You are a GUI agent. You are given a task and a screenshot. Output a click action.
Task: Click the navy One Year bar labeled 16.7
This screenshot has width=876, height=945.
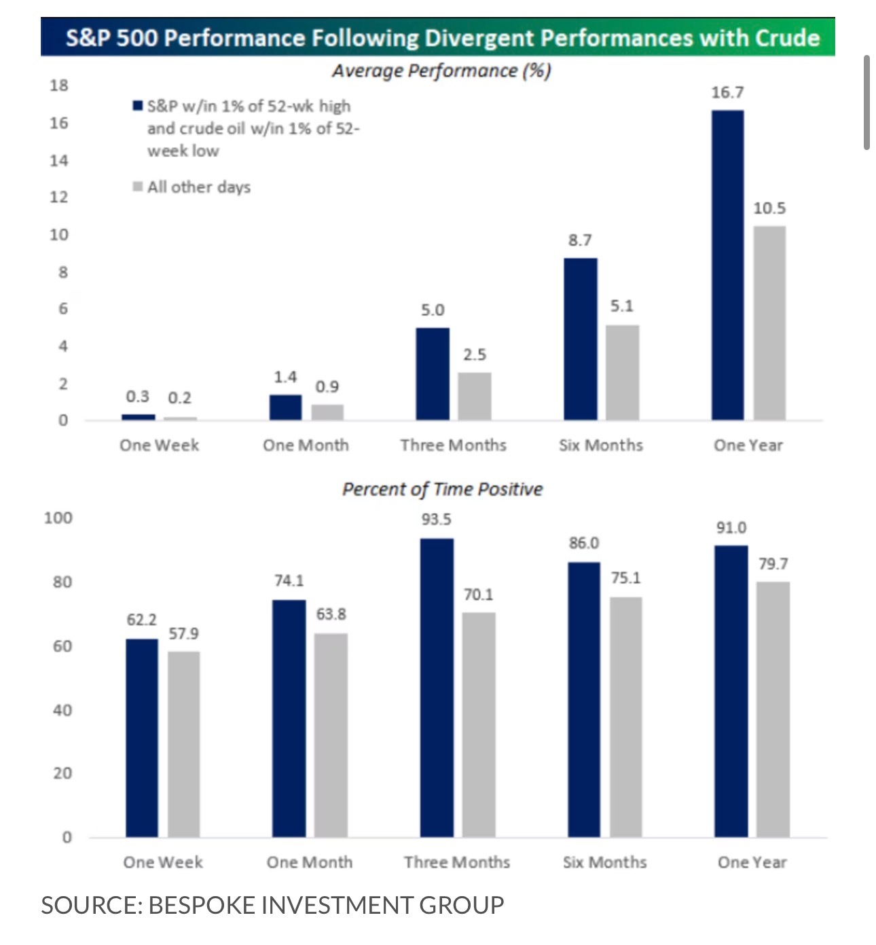pos(727,265)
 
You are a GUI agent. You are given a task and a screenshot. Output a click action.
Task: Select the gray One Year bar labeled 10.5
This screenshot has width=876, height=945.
pos(769,322)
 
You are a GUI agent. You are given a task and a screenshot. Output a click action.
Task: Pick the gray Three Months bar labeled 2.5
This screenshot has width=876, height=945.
pos(474,396)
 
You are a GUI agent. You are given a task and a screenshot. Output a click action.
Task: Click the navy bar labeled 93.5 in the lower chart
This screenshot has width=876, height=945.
pos(437,687)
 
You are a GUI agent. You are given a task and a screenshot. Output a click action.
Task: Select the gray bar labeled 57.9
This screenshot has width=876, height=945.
pos(183,743)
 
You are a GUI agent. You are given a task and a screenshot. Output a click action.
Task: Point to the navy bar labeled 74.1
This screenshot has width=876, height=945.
pos(289,718)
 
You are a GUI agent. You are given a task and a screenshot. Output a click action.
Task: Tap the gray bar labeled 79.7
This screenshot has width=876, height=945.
pos(773,709)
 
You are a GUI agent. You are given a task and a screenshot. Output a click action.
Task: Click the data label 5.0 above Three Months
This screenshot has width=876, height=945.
pos(432,310)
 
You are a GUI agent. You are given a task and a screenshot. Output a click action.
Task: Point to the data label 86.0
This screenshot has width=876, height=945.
pos(583,543)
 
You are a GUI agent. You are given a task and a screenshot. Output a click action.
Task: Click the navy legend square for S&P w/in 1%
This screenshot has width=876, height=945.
pos(138,106)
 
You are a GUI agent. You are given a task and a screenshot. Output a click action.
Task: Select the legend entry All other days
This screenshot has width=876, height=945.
pos(198,187)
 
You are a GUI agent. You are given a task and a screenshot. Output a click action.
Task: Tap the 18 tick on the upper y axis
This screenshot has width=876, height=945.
pos(59,86)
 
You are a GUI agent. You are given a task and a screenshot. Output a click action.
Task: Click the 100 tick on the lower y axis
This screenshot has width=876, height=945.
pos(58,518)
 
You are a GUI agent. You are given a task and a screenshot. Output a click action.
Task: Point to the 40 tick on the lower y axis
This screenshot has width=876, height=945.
pos(62,710)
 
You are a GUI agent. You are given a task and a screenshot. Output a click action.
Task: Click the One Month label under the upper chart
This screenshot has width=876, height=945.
pos(306,445)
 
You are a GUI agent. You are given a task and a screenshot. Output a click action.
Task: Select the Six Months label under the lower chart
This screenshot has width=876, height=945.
pos(604,862)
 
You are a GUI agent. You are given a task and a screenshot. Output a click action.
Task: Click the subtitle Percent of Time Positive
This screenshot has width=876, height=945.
pos(442,489)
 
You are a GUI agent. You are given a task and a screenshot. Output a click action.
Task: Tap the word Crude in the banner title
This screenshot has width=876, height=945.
pos(787,37)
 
